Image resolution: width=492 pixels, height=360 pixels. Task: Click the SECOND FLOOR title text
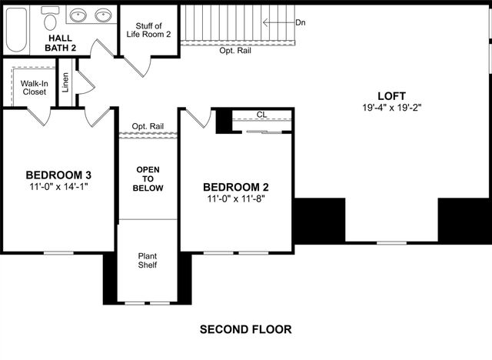click(x=245, y=329)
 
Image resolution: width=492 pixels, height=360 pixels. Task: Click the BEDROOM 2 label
click(x=236, y=187)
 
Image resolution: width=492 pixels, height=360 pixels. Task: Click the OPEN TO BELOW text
click(x=148, y=178)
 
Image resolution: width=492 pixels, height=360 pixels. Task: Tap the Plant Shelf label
click(x=148, y=260)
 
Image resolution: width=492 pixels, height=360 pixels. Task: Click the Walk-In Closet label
click(x=33, y=87)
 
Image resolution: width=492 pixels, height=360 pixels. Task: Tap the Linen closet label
click(x=65, y=82)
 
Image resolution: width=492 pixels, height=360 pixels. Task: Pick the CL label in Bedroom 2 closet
click(x=261, y=115)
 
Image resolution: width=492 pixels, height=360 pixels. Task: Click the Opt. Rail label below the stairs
click(x=234, y=51)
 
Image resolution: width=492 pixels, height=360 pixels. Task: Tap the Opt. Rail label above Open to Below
click(x=148, y=126)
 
